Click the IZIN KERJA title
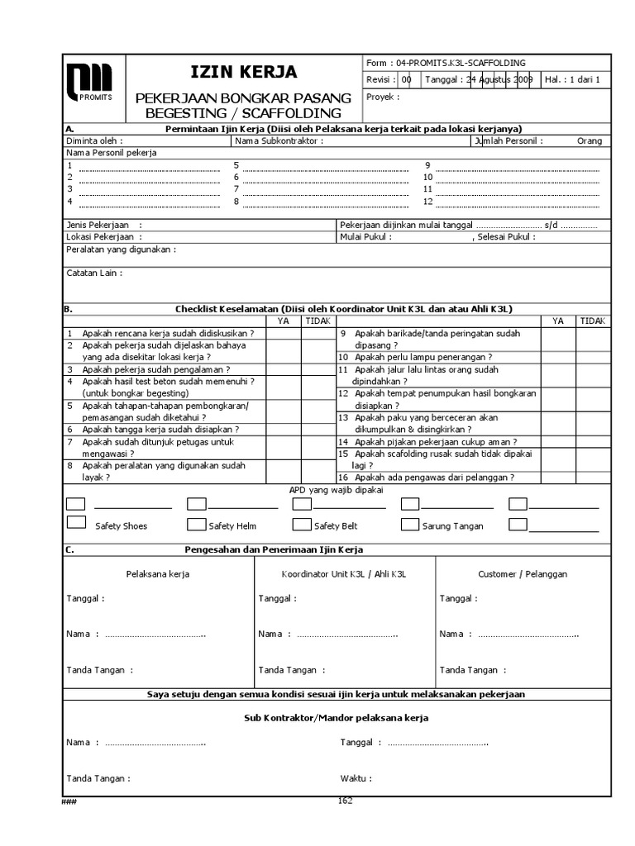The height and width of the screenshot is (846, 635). [243, 72]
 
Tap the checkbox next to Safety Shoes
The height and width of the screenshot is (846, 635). [76, 523]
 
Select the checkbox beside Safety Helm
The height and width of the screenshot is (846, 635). [197, 524]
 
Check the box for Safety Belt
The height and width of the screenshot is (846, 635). [302, 524]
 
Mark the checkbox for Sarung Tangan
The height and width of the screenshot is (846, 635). [410, 524]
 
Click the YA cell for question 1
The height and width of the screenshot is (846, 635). [283, 333]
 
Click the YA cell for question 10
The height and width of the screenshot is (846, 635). [558, 357]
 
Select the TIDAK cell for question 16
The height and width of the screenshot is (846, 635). [592, 477]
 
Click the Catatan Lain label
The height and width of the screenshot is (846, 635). [94, 273]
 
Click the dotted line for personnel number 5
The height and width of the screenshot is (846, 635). [324, 165]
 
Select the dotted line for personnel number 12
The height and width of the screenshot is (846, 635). [517, 201]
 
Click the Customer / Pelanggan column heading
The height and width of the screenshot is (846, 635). [523, 573]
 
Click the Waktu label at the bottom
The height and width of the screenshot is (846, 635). [356, 777]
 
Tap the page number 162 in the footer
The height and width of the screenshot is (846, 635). [345, 800]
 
